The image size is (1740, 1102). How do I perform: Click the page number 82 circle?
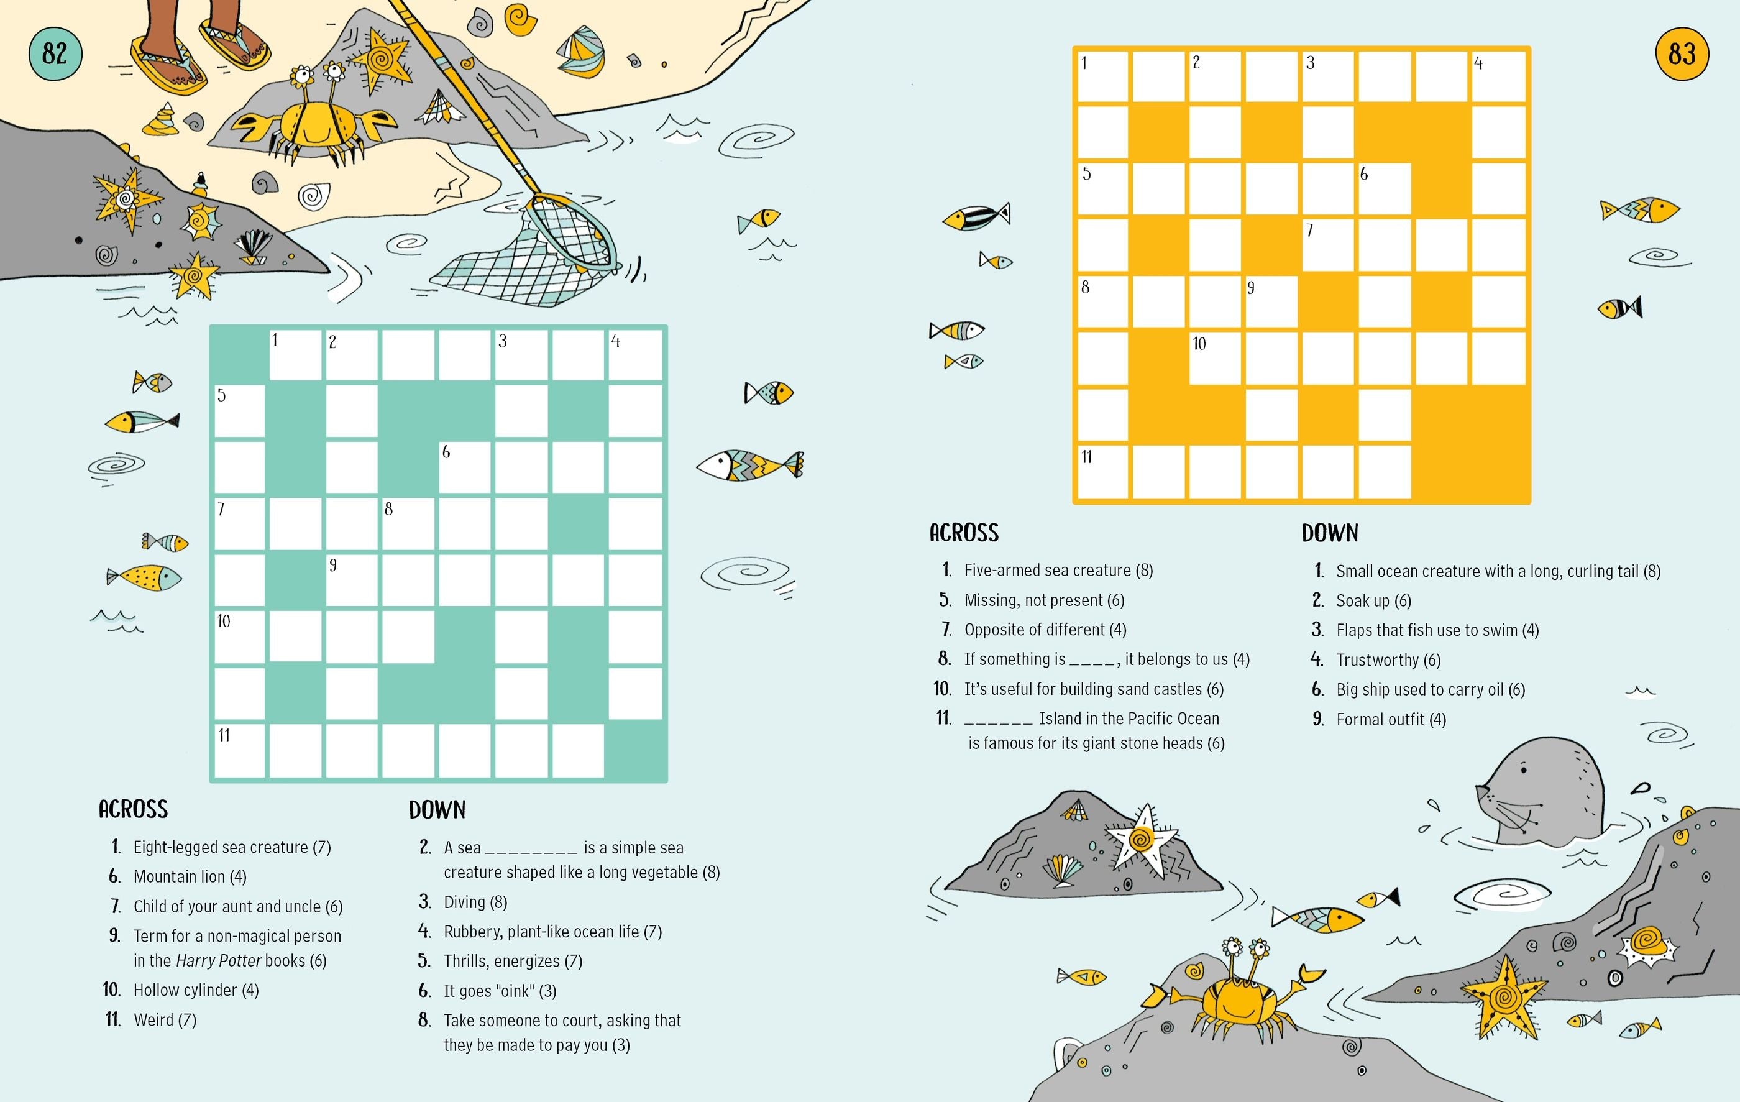coord(55,53)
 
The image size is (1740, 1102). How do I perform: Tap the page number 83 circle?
coord(1682,53)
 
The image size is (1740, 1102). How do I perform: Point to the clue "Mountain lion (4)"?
coord(190,876)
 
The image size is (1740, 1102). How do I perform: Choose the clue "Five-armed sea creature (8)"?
coord(1058,570)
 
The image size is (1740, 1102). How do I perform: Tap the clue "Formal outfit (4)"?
coord(1390,719)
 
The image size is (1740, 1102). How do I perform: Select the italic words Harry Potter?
coord(218,960)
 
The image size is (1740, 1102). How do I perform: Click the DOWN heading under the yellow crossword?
coord(1330,533)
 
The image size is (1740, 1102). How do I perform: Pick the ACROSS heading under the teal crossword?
coord(133,809)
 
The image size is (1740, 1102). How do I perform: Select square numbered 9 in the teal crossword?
coord(351,579)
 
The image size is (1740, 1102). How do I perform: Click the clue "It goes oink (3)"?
coord(499,991)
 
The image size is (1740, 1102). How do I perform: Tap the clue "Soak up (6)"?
coord(1373,600)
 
